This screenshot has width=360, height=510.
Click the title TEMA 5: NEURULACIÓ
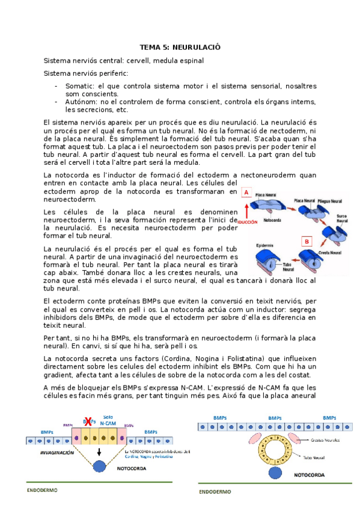180,46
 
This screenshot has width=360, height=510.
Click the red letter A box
245,192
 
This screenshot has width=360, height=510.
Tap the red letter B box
307,241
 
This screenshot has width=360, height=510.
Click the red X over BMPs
88,422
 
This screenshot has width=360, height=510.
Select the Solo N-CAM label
108,420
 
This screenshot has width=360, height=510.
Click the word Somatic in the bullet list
79,85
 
